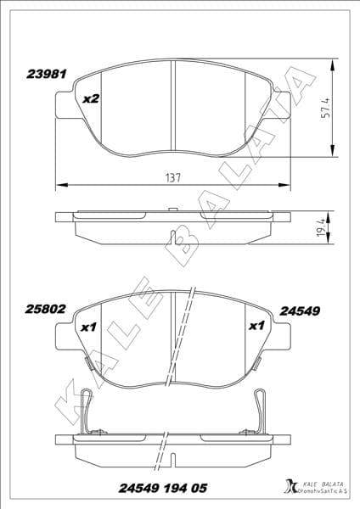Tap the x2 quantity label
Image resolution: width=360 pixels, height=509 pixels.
[x=92, y=99]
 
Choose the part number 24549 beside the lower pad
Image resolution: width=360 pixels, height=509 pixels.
[x=299, y=310]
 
